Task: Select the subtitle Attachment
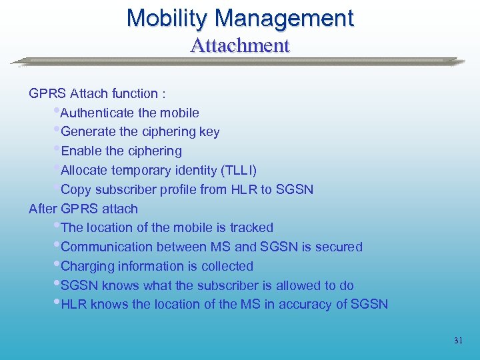click(240, 46)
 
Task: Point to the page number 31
click(458, 341)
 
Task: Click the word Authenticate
click(98, 113)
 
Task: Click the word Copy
click(75, 190)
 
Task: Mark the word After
click(43, 209)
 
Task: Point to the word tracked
click(251, 228)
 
